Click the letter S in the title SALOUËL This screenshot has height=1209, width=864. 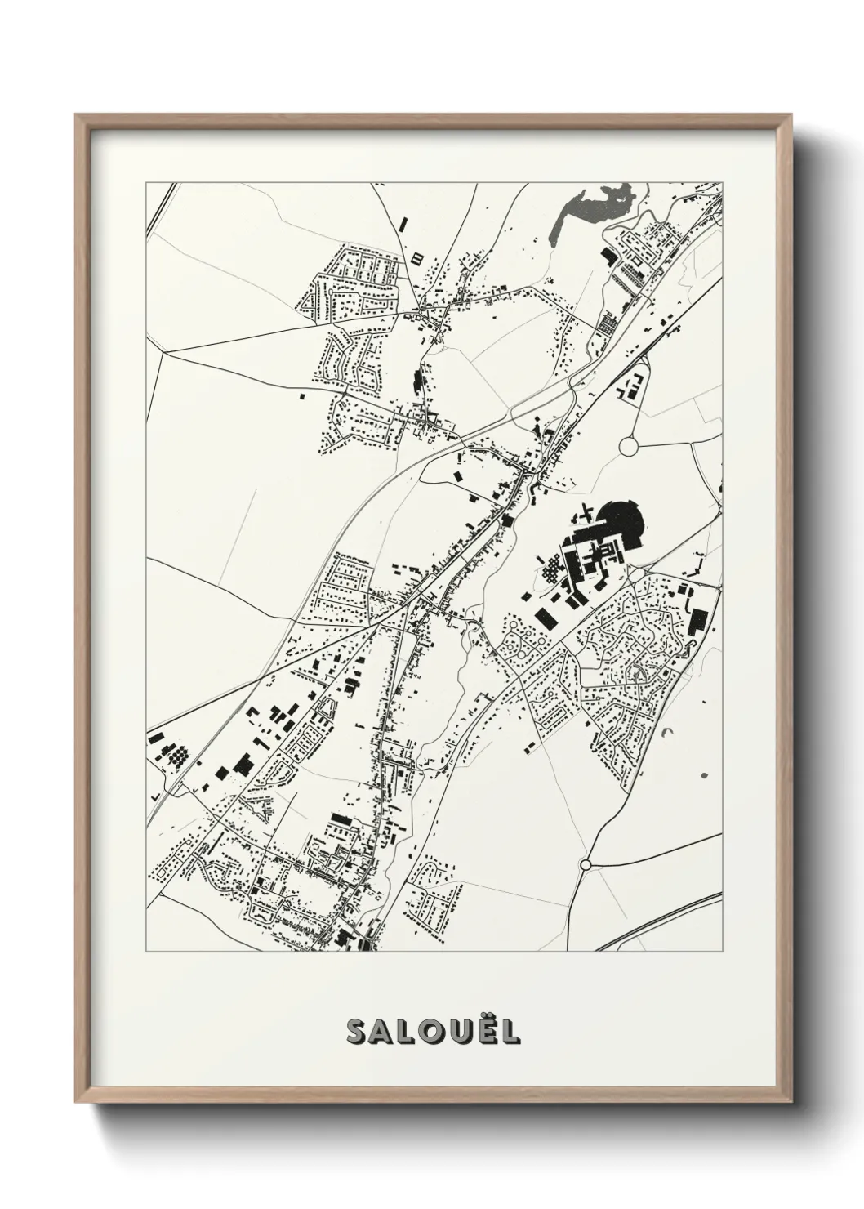358,1032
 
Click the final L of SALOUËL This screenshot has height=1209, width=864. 509,1032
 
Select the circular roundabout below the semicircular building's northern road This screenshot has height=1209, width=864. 629,446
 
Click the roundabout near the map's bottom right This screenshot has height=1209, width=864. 585,864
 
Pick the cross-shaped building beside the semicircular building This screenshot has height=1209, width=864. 584,516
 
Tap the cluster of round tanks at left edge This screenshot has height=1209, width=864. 176,757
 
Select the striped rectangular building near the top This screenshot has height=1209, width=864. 418,259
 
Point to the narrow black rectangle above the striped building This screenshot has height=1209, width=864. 402,223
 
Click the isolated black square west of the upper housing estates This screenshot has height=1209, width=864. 299,396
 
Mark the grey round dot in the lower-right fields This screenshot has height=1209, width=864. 705,774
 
